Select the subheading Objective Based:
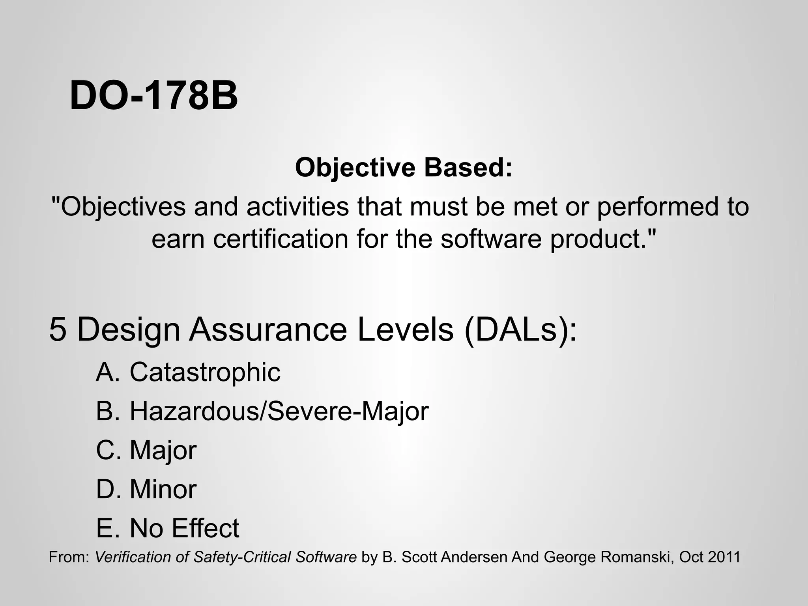point(404,167)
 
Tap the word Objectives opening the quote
point(123,207)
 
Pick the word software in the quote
point(491,239)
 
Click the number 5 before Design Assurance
point(58,329)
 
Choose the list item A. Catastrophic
point(188,372)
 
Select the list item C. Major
point(146,450)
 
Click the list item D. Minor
point(146,489)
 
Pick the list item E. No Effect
point(168,528)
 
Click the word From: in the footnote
point(69,557)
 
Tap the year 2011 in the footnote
point(724,557)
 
